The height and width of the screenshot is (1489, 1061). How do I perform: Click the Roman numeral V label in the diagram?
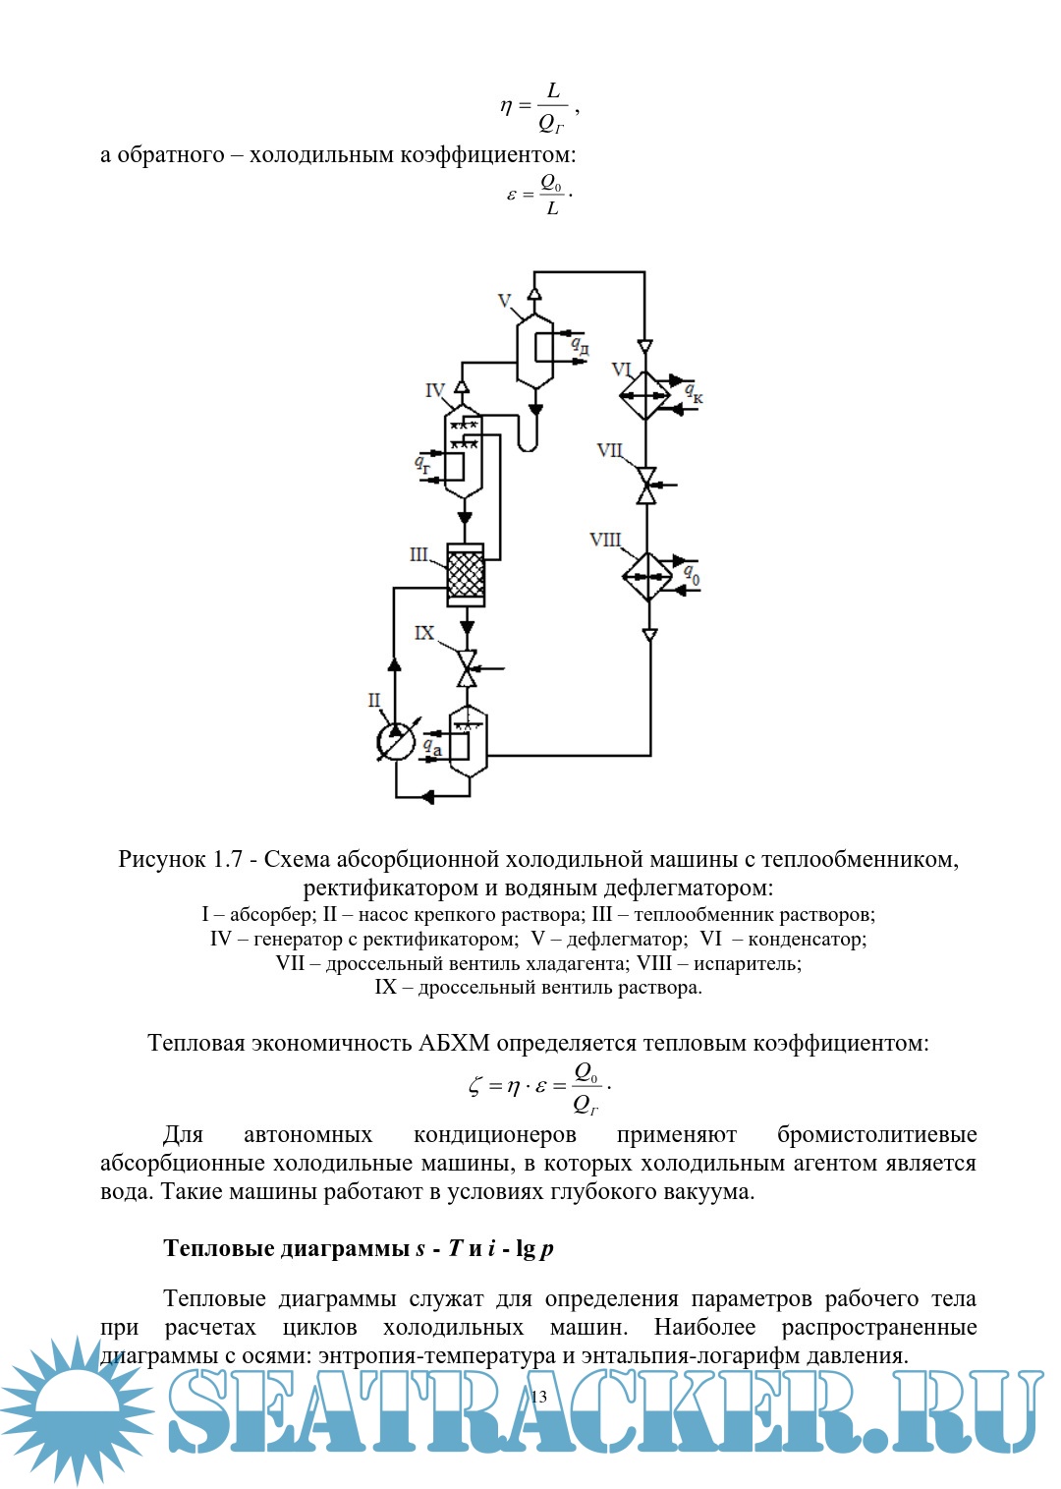[x=505, y=301]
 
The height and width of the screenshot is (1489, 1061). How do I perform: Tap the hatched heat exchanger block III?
[x=466, y=575]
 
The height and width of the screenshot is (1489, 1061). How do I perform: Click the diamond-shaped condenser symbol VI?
[x=644, y=395]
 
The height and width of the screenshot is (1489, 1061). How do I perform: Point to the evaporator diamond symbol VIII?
[x=647, y=576]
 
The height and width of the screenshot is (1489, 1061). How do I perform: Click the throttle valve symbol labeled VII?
[x=646, y=486]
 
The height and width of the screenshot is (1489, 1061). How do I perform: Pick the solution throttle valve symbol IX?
[x=467, y=668]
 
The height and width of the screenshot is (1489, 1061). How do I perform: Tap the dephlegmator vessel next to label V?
[x=534, y=351]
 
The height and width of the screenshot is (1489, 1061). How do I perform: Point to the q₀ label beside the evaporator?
[x=692, y=574]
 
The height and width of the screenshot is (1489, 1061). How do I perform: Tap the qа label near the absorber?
[x=431, y=748]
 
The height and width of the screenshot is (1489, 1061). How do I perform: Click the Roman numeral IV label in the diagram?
[x=434, y=390]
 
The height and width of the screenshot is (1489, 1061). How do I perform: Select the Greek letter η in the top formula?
[x=506, y=106]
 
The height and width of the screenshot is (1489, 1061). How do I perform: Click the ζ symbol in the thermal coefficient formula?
[x=475, y=1086]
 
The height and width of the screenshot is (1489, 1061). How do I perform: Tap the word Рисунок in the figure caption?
[x=160, y=859]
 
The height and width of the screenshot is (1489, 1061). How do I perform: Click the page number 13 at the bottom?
[x=538, y=1397]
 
